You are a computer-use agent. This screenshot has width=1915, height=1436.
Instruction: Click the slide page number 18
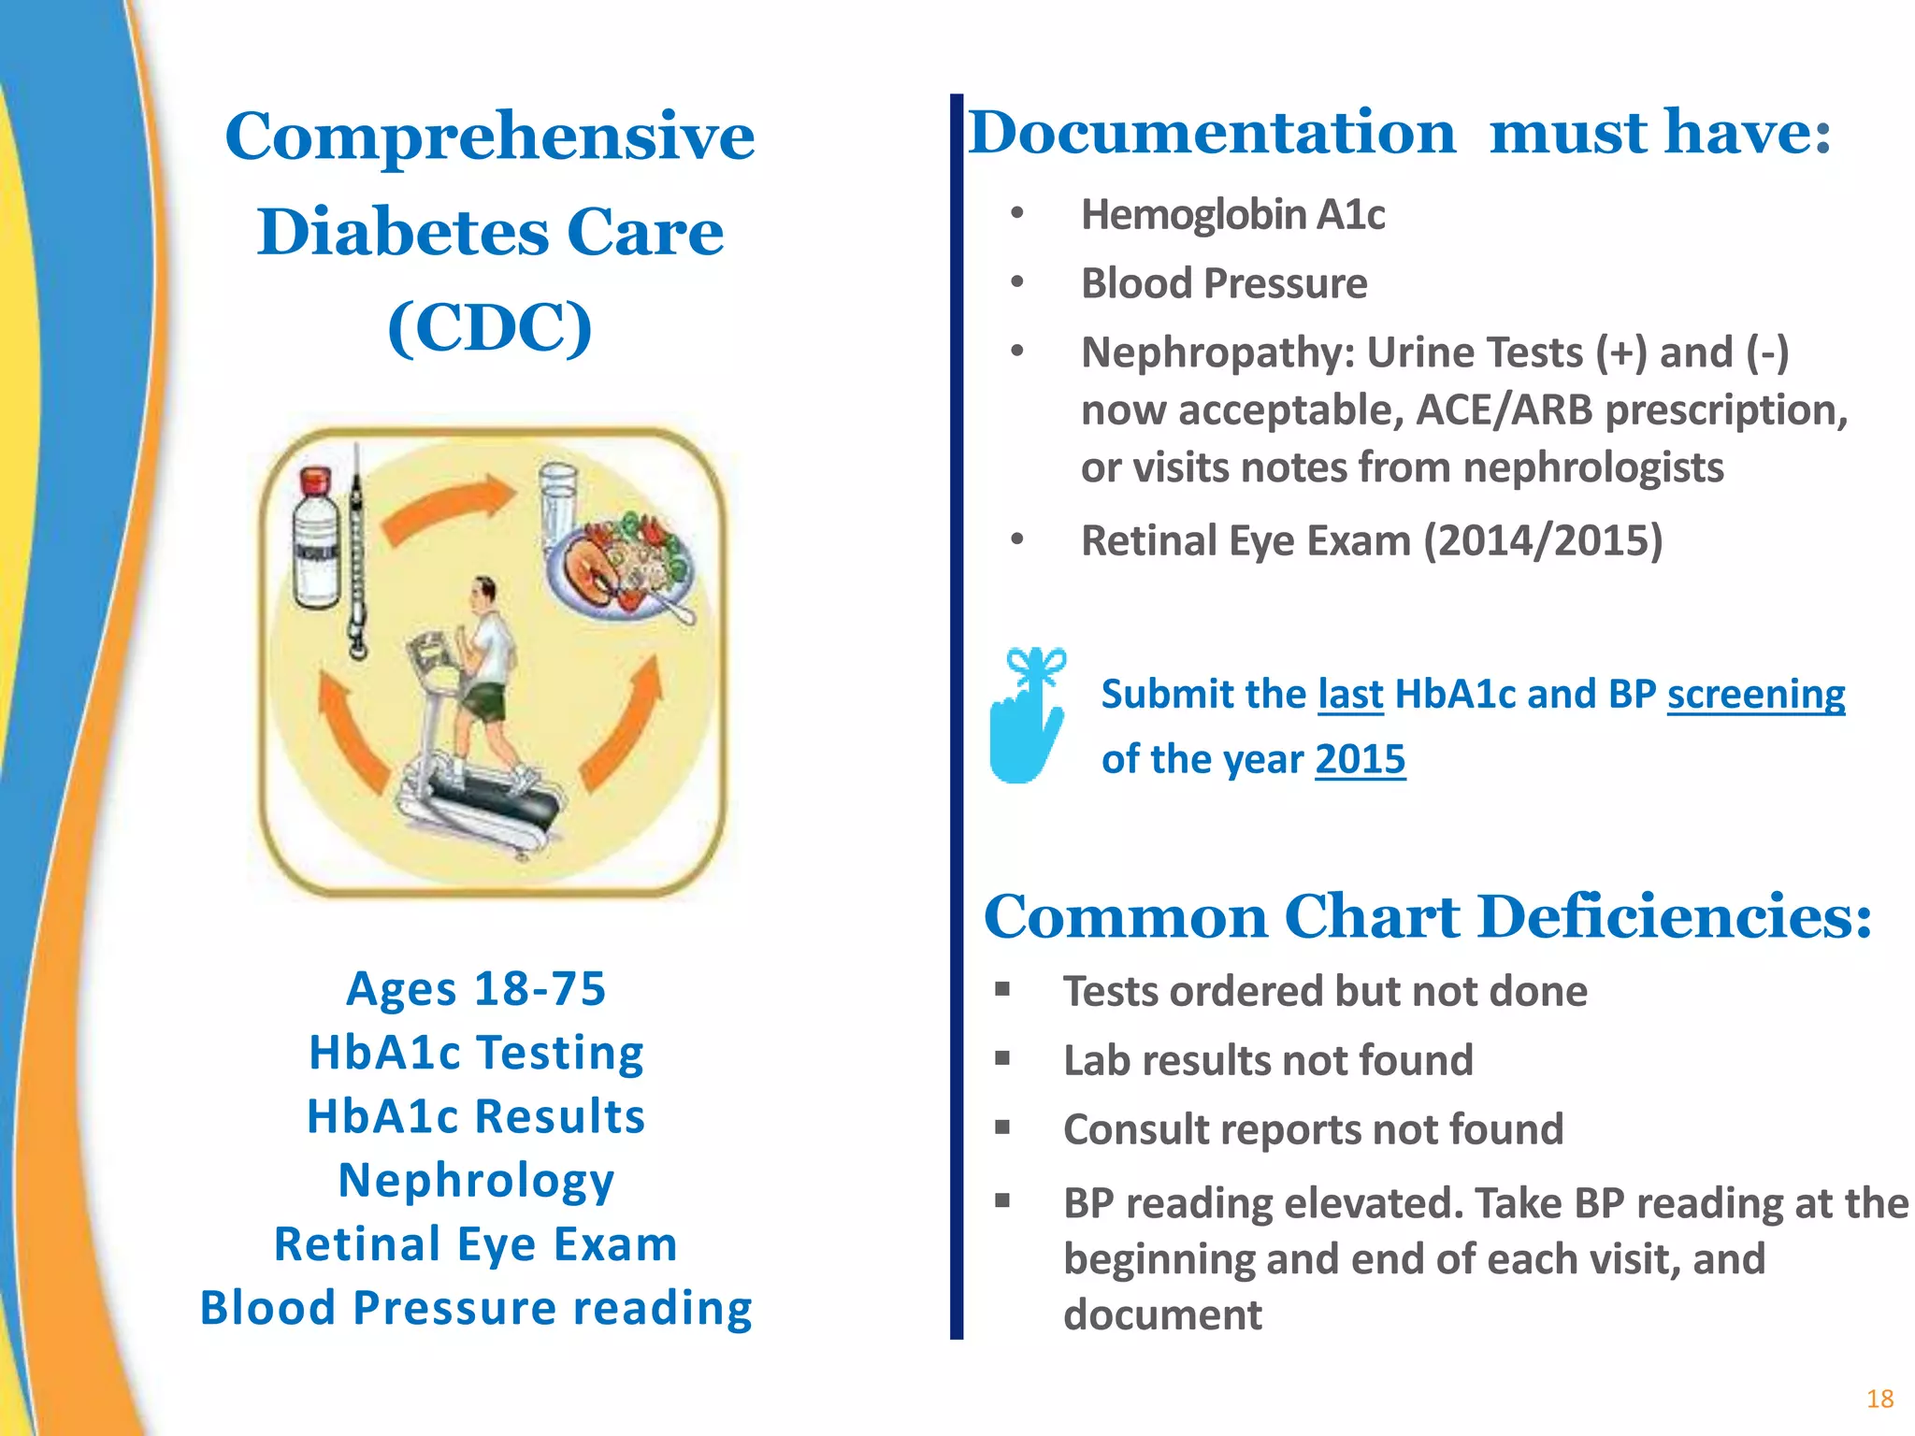(1879, 1399)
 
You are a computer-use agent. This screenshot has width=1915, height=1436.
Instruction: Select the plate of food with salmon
(622, 566)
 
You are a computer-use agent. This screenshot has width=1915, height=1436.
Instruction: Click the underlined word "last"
(1350, 695)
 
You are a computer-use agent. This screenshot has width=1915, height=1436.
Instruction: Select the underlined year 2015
(1360, 759)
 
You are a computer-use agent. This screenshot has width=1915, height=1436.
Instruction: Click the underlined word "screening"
(1755, 695)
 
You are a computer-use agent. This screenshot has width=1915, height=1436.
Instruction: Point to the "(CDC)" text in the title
(490, 327)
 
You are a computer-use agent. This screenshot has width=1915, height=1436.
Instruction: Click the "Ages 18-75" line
(476, 989)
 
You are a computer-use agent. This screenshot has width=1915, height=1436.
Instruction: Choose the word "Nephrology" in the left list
(476, 1180)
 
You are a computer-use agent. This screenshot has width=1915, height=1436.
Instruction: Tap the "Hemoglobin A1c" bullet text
(1232, 215)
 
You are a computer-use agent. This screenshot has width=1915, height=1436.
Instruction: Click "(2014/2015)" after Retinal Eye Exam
(1543, 540)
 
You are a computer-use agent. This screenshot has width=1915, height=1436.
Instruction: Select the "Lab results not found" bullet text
(1268, 1060)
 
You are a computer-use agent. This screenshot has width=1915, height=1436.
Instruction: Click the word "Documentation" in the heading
(1212, 133)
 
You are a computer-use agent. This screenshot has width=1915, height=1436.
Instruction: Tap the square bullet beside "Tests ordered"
(1002, 989)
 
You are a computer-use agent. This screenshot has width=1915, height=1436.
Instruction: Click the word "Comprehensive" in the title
(490, 136)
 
